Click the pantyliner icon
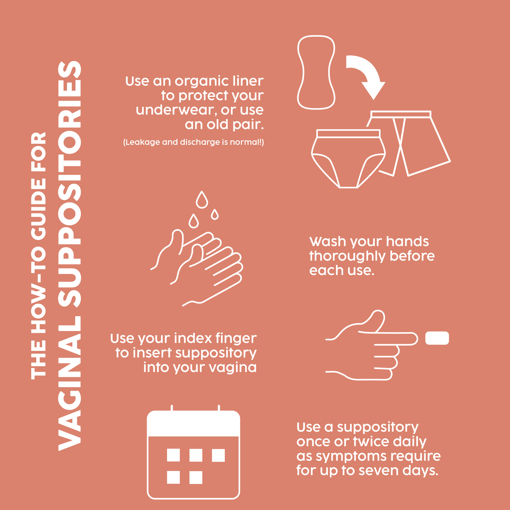click(316, 72)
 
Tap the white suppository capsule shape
click(437, 338)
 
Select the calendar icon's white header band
click(193, 424)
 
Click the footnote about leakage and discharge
click(193, 142)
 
